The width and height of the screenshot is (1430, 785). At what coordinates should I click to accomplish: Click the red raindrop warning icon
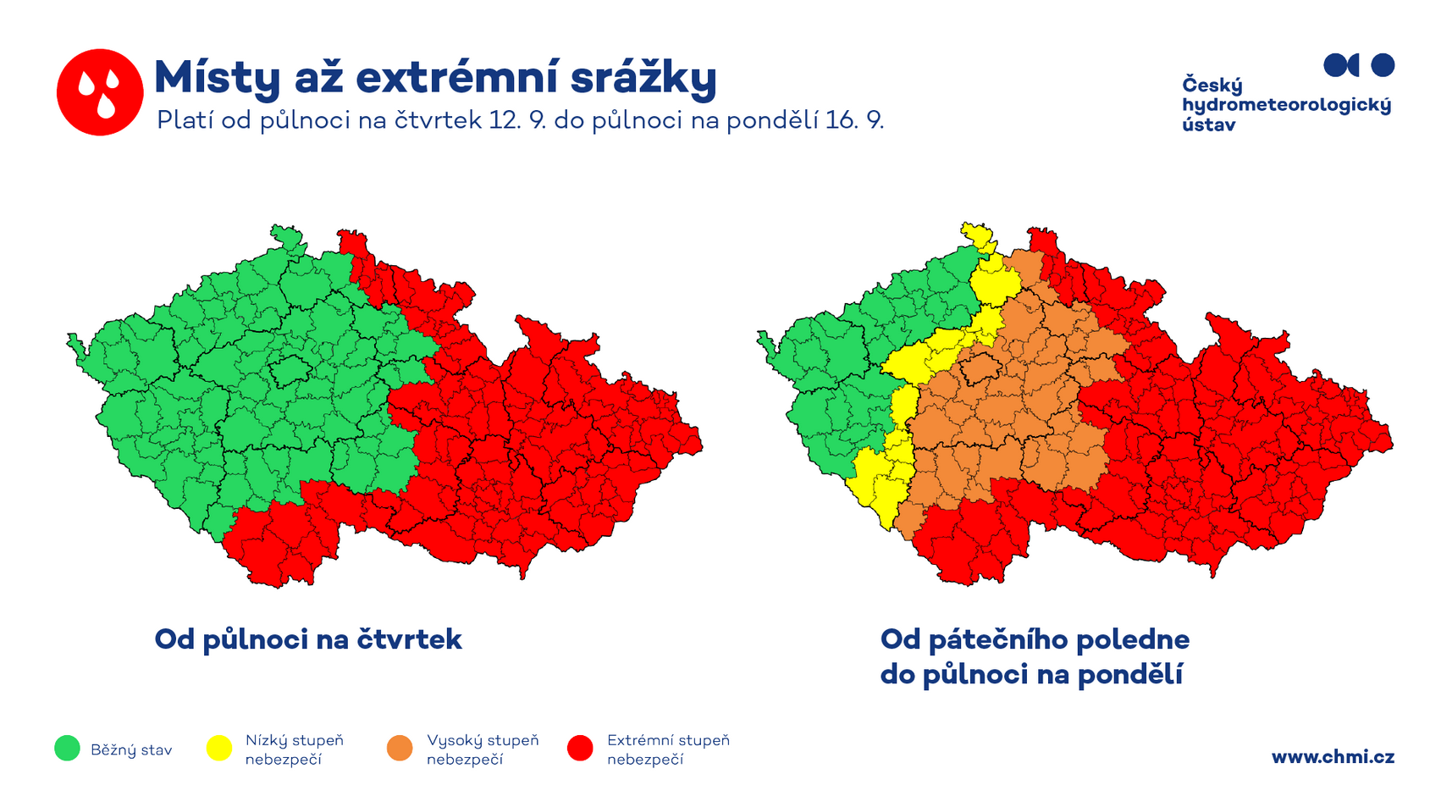click(x=100, y=92)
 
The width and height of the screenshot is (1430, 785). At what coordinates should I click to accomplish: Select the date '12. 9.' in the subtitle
click(x=518, y=120)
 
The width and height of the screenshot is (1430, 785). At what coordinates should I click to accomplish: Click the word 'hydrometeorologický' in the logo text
click(x=1286, y=105)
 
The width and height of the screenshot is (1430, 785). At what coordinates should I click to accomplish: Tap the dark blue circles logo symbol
click(x=1359, y=65)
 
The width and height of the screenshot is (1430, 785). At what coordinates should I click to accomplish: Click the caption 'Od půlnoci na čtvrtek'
click(x=308, y=639)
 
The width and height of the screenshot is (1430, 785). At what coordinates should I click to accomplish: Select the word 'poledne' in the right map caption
click(x=1133, y=640)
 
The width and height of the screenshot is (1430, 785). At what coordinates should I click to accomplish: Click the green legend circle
click(x=67, y=748)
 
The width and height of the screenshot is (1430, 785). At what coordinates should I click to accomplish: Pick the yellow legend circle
click(x=219, y=748)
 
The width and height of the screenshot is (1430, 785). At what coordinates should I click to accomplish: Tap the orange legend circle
click(x=400, y=748)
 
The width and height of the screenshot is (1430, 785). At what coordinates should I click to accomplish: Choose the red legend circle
click(x=580, y=748)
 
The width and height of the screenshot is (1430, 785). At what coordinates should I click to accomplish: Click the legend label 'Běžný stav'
click(x=131, y=750)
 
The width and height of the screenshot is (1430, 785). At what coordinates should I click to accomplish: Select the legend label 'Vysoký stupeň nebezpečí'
click(x=483, y=750)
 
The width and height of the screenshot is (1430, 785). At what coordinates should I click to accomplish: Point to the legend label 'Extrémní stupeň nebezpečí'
click(x=668, y=750)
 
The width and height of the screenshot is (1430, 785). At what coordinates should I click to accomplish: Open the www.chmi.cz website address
click(x=1333, y=758)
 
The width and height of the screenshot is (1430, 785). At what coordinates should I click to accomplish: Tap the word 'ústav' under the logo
click(x=1208, y=124)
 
